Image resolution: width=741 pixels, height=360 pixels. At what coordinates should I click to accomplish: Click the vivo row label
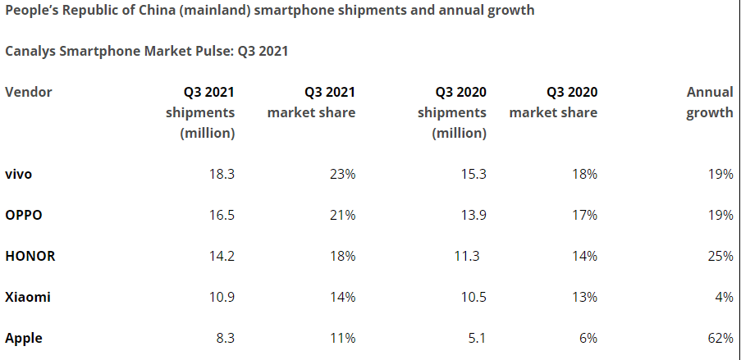(x=19, y=174)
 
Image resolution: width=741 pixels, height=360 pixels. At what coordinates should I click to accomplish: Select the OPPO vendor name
(x=24, y=215)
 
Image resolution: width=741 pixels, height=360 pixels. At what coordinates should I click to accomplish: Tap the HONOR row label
(x=30, y=256)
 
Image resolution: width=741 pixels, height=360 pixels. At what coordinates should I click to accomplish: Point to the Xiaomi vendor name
(x=28, y=297)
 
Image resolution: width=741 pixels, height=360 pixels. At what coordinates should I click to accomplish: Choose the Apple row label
(x=24, y=338)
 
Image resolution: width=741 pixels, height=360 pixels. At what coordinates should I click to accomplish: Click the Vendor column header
(x=29, y=92)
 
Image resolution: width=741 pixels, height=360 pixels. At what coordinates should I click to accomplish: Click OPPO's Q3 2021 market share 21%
(x=341, y=215)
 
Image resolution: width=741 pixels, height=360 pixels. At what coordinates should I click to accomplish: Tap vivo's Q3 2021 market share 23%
(x=341, y=174)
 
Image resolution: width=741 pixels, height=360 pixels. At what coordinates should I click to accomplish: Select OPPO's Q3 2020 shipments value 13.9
(x=472, y=215)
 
